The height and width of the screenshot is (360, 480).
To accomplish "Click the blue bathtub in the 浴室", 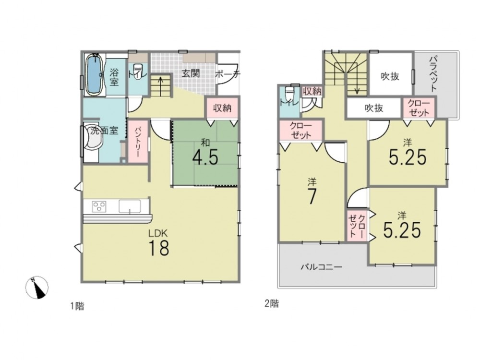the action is (95, 75).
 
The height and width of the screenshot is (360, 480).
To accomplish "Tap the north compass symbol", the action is (37, 288).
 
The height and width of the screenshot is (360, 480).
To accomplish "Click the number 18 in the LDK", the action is (159, 248).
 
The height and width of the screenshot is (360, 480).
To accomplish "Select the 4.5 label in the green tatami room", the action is (205, 158).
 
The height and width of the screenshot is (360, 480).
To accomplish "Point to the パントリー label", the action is (137, 142).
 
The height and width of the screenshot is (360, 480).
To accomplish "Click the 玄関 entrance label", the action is (191, 73).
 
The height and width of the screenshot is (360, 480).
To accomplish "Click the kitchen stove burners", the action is (99, 206).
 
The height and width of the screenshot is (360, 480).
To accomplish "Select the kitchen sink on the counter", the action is (130, 206).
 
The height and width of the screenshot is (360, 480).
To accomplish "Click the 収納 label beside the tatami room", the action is (223, 108).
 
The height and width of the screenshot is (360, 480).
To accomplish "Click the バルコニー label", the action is (321, 267).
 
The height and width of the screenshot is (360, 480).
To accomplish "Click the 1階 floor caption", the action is (77, 306).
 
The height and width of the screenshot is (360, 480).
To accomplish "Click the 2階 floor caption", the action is (272, 304).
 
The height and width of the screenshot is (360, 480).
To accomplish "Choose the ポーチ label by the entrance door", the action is (228, 74).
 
